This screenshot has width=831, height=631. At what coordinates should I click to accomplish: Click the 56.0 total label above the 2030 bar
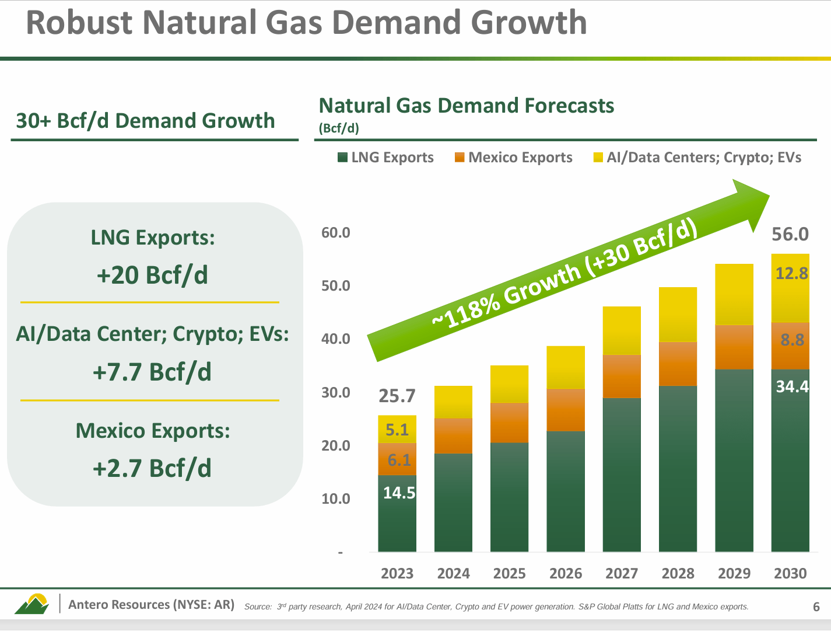click(x=790, y=234)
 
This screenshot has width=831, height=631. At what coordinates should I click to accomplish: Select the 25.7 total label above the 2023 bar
click(x=397, y=396)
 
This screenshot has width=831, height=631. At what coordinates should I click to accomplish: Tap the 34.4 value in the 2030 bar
click(x=792, y=386)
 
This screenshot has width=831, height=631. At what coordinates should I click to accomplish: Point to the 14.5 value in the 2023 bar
click(x=399, y=493)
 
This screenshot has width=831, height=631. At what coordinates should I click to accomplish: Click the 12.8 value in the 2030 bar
click(x=791, y=273)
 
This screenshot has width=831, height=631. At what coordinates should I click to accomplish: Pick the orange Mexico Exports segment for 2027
click(x=622, y=376)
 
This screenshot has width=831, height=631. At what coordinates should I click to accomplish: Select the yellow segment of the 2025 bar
click(x=509, y=384)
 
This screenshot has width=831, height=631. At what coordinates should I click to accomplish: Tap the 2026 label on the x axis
click(x=565, y=574)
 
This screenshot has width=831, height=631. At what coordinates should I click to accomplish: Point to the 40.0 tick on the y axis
click(x=335, y=339)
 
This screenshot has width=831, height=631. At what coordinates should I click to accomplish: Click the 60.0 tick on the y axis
click(x=335, y=233)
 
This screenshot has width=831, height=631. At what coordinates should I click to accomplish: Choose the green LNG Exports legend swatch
click(x=343, y=158)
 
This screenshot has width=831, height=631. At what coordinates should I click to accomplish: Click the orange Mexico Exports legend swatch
click(x=460, y=158)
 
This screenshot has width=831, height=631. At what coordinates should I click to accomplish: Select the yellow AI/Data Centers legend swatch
click(x=598, y=158)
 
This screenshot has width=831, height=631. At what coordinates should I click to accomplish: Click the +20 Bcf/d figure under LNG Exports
click(x=152, y=275)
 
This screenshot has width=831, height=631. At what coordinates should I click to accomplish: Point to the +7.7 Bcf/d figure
click(x=152, y=372)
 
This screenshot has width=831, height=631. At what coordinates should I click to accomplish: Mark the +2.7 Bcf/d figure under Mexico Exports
click(x=152, y=468)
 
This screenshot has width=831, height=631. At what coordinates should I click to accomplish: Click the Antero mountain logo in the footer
click(x=31, y=604)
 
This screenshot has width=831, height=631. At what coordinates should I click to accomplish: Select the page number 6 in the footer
click(x=816, y=607)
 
